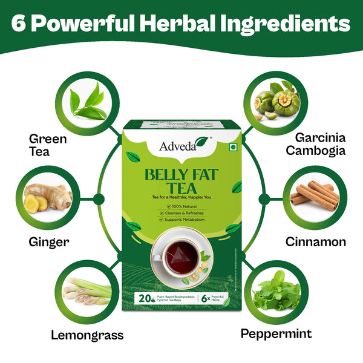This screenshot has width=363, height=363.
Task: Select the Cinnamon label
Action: click(316, 241)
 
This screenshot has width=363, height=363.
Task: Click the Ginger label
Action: click(49, 242)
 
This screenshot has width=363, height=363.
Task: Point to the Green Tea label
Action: click(48, 145)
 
